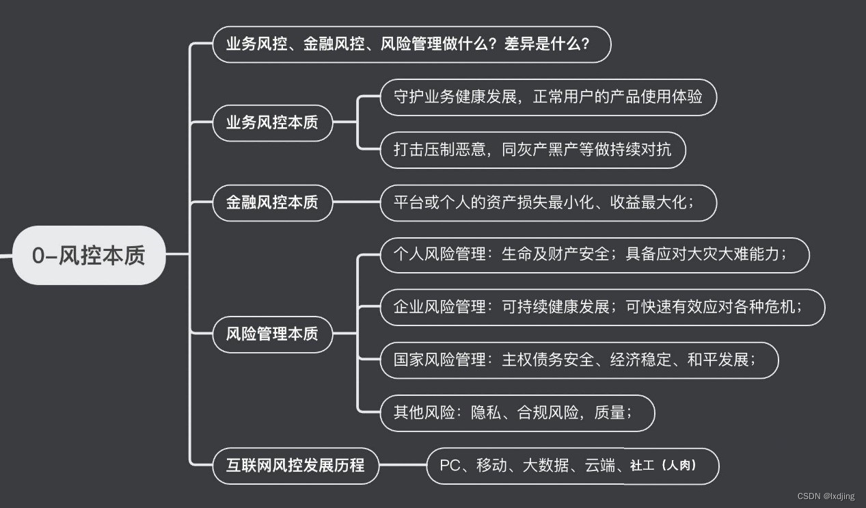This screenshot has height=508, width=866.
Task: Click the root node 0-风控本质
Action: tap(89, 255)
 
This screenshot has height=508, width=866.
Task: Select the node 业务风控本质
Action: tap(272, 123)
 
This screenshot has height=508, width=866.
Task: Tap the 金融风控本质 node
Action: tap(272, 202)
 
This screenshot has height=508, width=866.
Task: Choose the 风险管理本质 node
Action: tap(272, 334)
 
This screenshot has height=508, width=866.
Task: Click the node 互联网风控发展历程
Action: tap(295, 466)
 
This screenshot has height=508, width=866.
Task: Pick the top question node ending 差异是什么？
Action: tap(411, 44)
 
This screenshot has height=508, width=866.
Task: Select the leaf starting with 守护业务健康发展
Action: tap(548, 97)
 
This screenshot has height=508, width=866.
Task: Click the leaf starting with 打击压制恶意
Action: tap(532, 150)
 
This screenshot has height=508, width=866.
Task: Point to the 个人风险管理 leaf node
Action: tap(594, 255)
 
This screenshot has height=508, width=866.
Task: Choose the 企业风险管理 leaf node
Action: tap(602, 307)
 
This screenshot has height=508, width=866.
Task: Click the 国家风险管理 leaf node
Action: tap(579, 360)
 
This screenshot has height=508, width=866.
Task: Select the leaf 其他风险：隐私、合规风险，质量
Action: tap(517, 412)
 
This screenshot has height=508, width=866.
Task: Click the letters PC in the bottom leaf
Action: tap(450, 466)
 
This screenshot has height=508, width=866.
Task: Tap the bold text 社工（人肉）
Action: tap(662, 466)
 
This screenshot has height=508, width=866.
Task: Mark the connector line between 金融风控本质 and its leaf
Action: tap(356, 202)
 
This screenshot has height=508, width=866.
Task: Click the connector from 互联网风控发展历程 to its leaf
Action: tap(403, 466)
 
